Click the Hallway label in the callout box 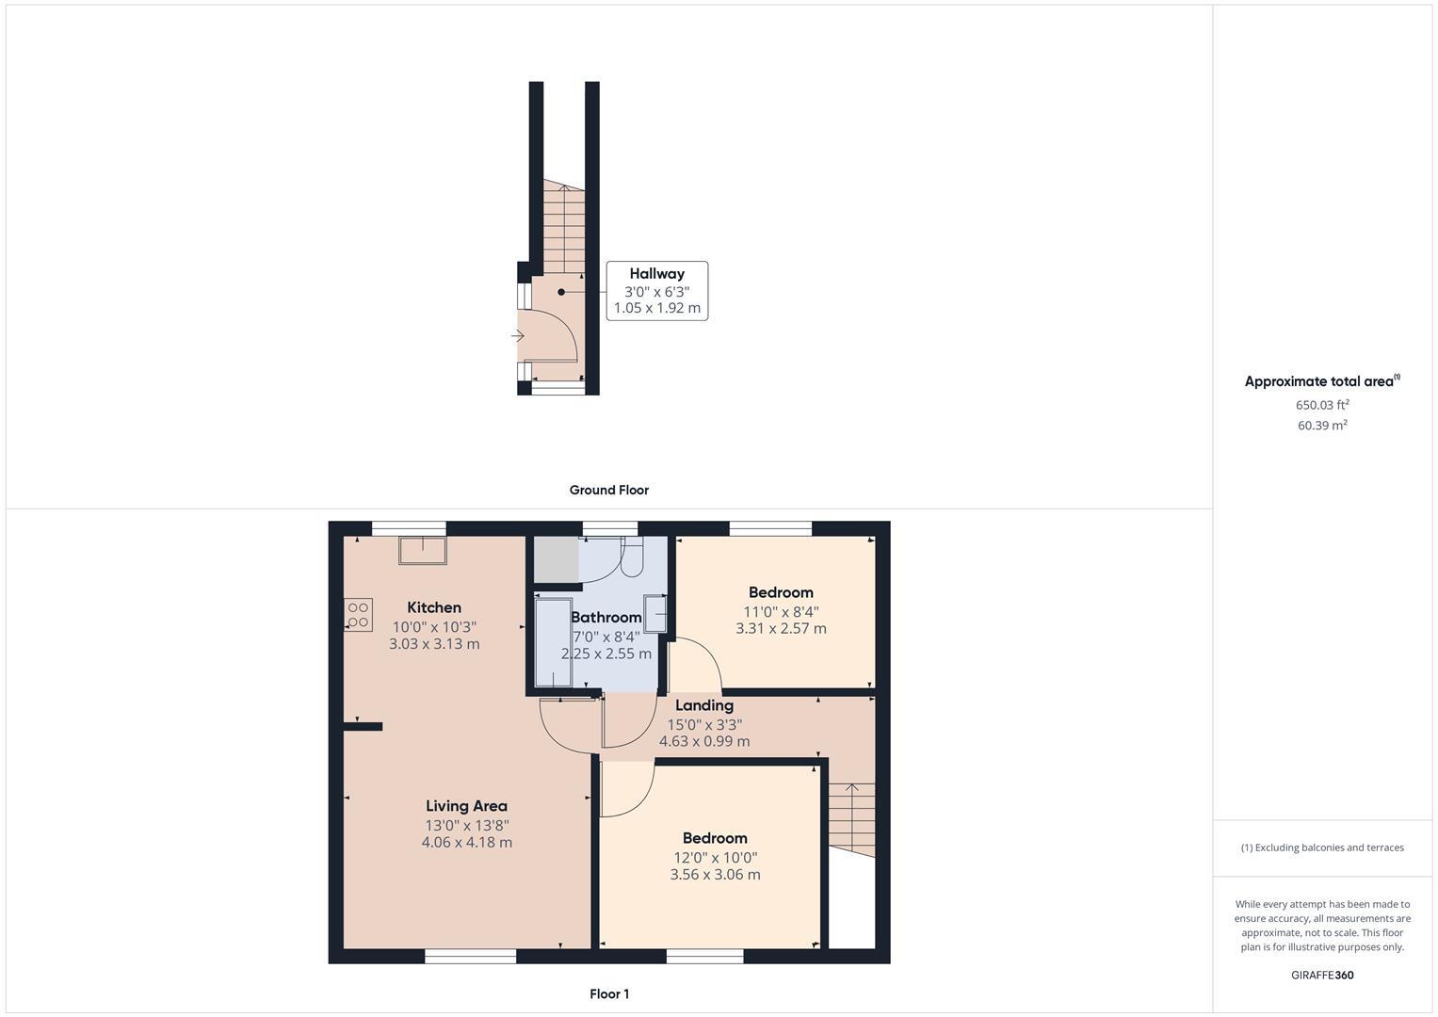[x=656, y=274]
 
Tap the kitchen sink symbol [x=423, y=550]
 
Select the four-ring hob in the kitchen [x=359, y=615]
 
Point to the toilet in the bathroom [x=632, y=557]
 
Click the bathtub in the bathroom [x=553, y=641]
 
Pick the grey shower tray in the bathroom [x=556, y=560]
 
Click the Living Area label [x=466, y=806]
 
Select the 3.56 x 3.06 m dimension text [x=715, y=875]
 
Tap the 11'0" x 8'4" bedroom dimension [x=781, y=611]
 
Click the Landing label [x=703, y=705]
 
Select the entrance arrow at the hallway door [x=517, y=336]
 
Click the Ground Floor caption [x=608, y=490]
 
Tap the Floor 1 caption [x=608, y=994]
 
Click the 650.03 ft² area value [x=1321, y=405]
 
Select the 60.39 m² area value [x=1321, y=426]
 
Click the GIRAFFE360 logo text [x=1321, y=976]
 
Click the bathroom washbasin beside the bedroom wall [x=655, y=613]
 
